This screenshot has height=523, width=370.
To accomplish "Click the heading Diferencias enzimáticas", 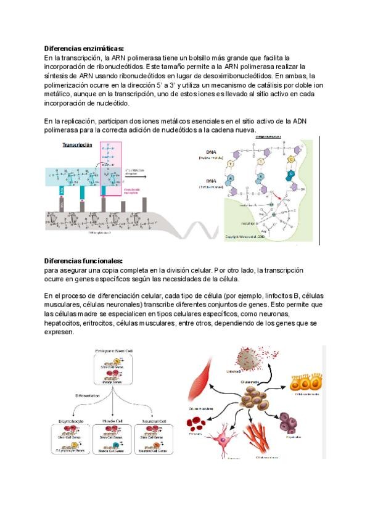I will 84,48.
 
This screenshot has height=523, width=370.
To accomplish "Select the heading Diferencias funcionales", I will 83,261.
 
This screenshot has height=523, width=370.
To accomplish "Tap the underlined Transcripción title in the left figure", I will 77,145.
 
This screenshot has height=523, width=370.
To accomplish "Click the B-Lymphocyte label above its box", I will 69,421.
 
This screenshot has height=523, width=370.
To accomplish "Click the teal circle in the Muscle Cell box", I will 115,443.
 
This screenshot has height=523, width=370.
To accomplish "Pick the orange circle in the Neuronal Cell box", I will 159,443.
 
